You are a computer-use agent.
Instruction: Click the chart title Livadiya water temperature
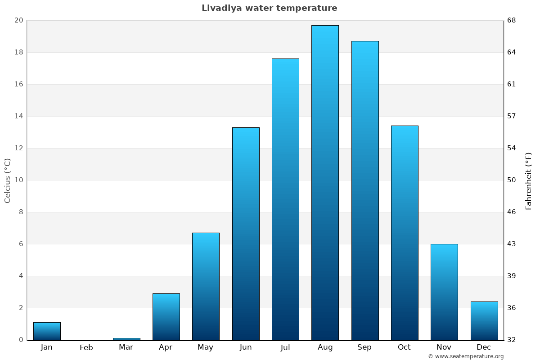click(269, 8)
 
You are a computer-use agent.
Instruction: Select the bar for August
click(325, 182)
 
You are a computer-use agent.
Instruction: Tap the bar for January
click(47, 331)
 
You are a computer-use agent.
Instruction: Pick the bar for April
click(166, 316)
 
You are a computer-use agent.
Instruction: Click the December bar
click(484, 320)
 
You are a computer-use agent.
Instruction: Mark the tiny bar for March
click(126, 339)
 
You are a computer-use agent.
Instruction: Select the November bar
click(444, 292)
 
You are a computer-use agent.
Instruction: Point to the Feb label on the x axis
click(86, 347)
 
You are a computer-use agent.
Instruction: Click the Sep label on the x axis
click(364, 347)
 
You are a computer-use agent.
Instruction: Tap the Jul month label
click(285, 347)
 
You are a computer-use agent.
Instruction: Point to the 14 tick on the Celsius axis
click(18, 116)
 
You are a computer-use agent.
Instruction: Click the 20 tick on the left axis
click(18, 20)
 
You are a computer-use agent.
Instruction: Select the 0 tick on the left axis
click(21, 340)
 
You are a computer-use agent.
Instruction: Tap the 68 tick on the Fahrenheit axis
click(512, 20)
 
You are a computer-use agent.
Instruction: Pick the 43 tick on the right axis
click(512, 244)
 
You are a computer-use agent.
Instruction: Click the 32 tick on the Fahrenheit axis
click(512, 340)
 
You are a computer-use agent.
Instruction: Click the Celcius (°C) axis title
click(7, 180)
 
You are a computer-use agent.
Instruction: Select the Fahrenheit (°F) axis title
click(529, 180)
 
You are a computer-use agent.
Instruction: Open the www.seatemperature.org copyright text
click(466, 356)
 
